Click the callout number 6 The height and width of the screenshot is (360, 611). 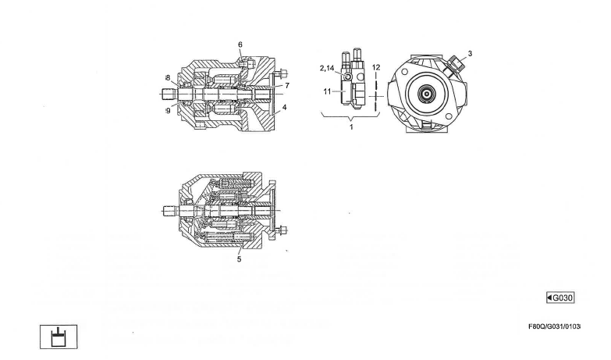pyautogui.click(x=240, y=45)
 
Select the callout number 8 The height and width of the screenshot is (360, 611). pyautogui.click(x=167, y=77)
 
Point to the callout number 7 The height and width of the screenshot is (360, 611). pyautogui.click(x=287, y=84)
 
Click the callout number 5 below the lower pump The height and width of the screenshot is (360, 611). pyautogui.click(x=239, y=260)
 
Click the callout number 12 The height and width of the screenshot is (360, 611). pyautogui.click(x=375, y=68)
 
